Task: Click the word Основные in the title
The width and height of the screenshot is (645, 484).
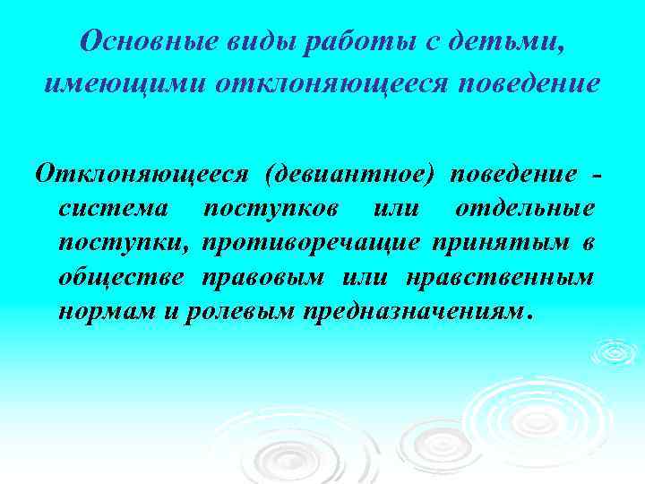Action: (132, 42)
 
